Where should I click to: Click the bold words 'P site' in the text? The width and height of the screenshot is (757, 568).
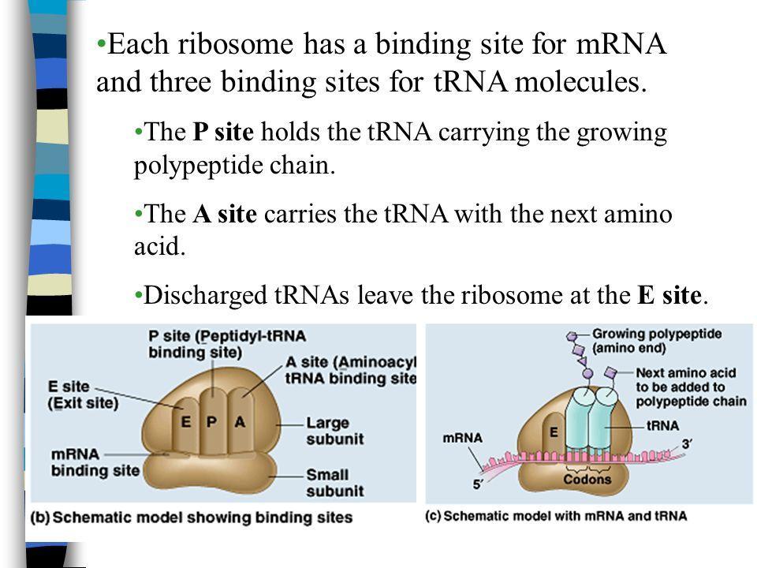click(223, 133)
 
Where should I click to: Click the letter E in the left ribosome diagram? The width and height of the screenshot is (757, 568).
click(185, 421)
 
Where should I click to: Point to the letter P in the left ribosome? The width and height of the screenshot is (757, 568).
click(211, 421)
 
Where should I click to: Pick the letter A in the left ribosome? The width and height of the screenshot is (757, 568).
click(240, 421)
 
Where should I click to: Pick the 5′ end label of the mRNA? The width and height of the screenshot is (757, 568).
click(479, 487)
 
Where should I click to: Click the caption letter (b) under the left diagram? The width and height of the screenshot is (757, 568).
click(41, 518)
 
